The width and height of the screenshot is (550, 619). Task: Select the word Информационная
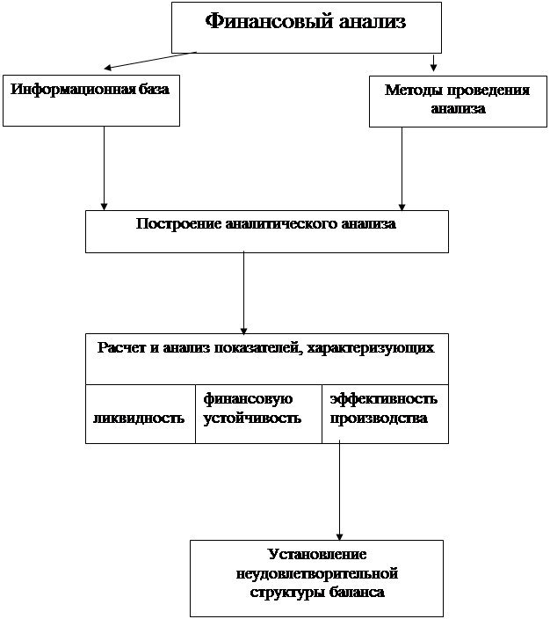[x=73, y=89]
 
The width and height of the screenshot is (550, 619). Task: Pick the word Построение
[x=178, y=224]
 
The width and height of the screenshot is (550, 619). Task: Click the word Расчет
[x=121, y=348]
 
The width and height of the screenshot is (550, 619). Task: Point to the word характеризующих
[x=371, y=348]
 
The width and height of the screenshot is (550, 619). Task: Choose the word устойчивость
[x=252, y=419]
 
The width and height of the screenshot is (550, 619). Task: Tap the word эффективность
[x=383, y=399]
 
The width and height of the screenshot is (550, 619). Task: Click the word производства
[x=379, y=419]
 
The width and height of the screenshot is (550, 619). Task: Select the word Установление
[x=317, y=555]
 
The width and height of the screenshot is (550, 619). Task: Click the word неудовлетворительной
[x=317, y=573]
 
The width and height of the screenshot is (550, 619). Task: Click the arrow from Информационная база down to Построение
[x=105, y=168]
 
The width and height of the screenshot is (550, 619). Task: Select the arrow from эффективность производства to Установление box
[x=339, y=491]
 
